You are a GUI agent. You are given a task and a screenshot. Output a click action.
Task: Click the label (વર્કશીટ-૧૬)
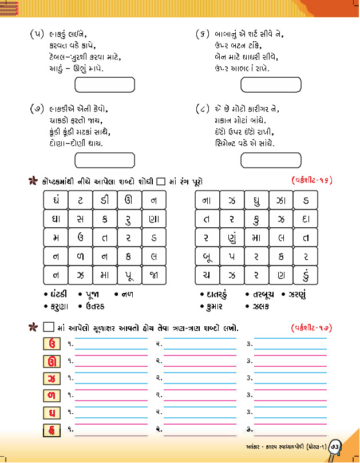[x=308, y=181]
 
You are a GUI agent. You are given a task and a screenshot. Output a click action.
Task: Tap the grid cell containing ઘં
[x=56, y=200]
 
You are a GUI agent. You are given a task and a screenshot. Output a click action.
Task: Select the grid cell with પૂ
[x=129, y=274]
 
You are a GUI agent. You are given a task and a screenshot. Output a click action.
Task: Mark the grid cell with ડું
[x=306, y=274]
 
